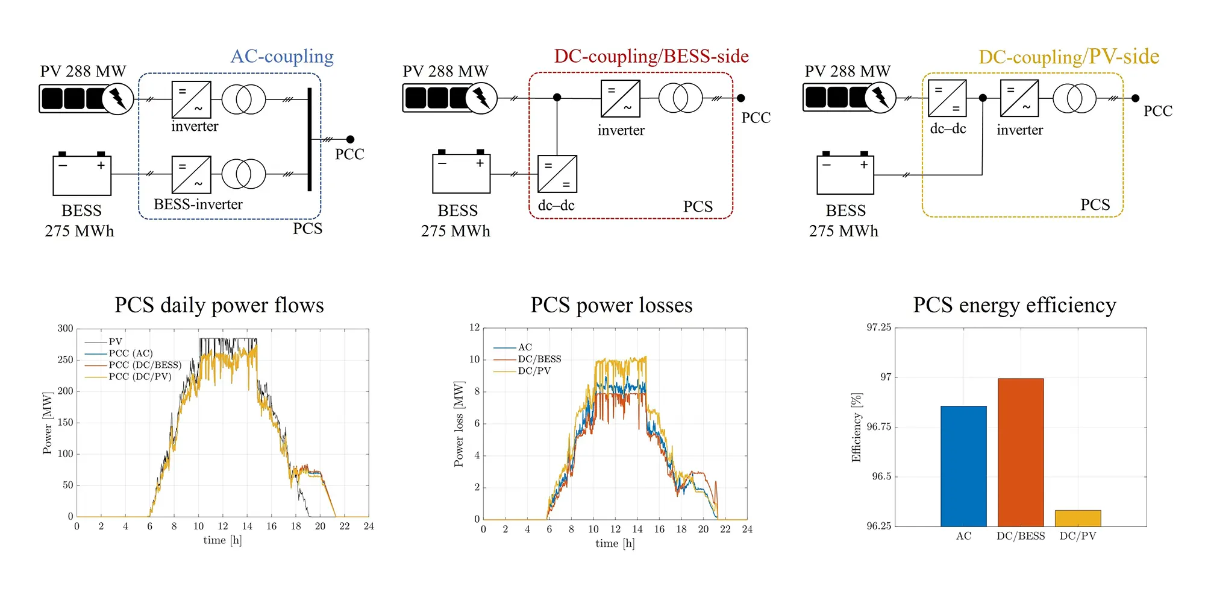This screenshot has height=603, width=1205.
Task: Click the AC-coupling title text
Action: [282, 57]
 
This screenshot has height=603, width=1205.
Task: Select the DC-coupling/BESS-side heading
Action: [651, 57]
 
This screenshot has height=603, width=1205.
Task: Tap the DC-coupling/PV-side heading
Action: [1068, 57]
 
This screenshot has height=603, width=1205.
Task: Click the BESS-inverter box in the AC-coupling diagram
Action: [191, 175]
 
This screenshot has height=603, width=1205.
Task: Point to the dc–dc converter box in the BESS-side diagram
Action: [557, 174]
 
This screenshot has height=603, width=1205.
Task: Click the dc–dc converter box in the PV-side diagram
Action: [947, 98]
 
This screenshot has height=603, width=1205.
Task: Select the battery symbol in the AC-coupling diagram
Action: [82, 174]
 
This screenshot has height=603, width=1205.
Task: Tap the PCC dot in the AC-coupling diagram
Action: [350, 139]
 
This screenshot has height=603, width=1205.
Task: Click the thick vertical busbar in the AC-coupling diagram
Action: [310, 139]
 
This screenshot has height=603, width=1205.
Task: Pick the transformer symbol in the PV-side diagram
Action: [1074, 98]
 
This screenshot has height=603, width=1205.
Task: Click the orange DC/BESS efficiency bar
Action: [1021, 452]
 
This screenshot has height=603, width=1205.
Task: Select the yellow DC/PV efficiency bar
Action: [1077, 519]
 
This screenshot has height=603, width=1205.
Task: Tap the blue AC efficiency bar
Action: [963, 466]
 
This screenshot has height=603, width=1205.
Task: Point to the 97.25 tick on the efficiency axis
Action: [878, 327]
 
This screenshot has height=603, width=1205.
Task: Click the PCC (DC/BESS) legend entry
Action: [145, 365]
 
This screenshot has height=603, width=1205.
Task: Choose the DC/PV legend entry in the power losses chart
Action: [534, 371]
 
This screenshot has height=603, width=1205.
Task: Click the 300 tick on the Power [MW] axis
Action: [65, 329]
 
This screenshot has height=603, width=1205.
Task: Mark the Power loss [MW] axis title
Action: [459, 424]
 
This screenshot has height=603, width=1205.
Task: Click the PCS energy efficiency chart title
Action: [1014, 305]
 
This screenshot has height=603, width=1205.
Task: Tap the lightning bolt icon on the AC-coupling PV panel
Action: [117, 98]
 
